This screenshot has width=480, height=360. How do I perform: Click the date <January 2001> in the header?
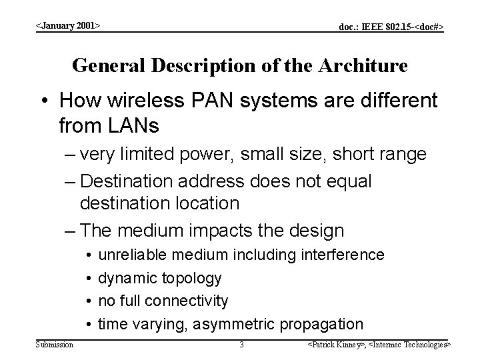coord(67,25)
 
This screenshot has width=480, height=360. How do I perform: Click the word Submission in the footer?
coord(55,344)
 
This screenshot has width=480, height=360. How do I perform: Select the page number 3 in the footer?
coord(241,345)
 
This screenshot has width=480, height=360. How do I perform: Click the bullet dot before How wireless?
coord(48,101)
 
